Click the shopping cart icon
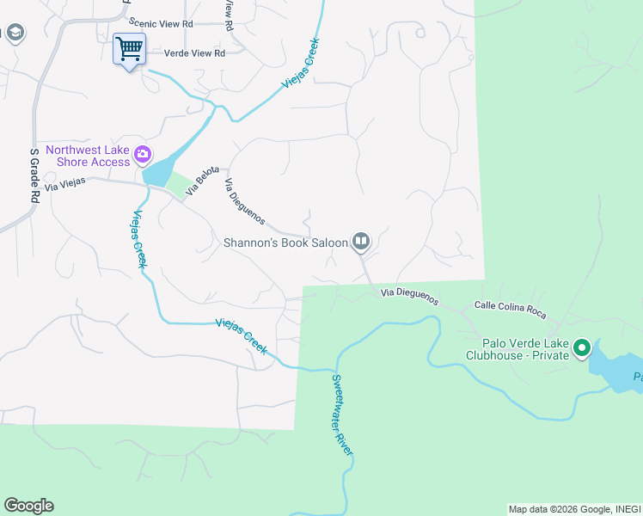(129, 48)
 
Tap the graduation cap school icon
(15, 34)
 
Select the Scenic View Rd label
(161, 22)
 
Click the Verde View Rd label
(193, 53)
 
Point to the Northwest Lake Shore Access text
(87, 156)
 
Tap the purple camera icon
(143, 156)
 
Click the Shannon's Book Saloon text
(285, 243)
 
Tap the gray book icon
(361, 243)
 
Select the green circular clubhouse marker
(582, 348)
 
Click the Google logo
(28, 506)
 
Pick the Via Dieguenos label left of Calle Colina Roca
(410, 298)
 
